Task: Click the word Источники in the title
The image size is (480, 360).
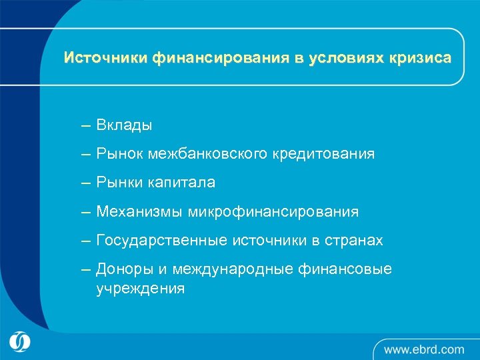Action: pyautogui.click(x=105, y=58)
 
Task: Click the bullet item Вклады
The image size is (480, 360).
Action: pyautogui.click(x=124, y=125)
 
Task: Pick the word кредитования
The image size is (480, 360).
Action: pyautogui.click(x=323, y=154)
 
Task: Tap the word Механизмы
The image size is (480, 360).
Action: pyautogui.click(x=139, y=212)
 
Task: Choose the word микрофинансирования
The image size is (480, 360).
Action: pyautogui.click(x=273, y=212)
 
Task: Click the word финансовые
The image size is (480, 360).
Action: pyautogui.click(x=350, y=269)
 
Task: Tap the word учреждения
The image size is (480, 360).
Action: pyautogui.click(x=140, y=289)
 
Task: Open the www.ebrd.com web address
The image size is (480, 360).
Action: pyautogui.click(x=423, y=349)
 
